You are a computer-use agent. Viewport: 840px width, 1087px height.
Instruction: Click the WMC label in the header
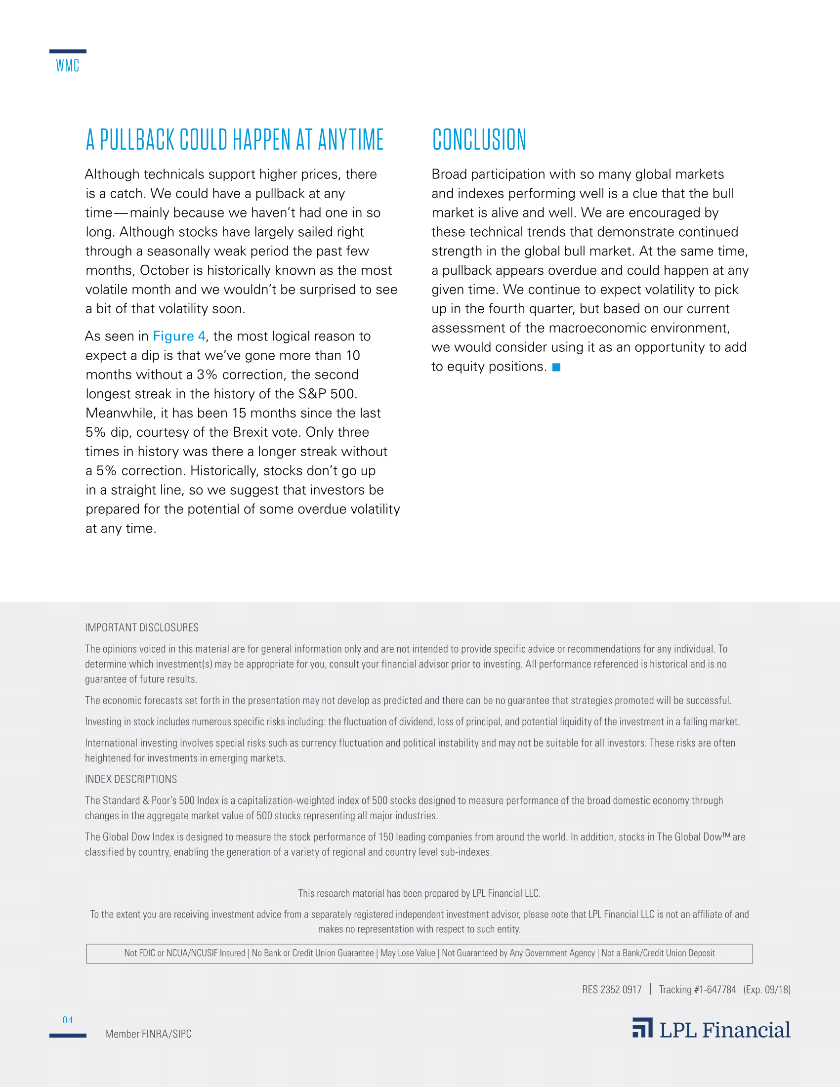click(x=68, y=65)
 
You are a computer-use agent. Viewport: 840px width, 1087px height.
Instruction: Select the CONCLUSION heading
click(x=479, y=140)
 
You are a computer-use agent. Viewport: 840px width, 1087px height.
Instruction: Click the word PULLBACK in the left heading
click(x=138, y=140)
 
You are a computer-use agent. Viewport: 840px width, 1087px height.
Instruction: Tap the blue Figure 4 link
click(x=179, y=336)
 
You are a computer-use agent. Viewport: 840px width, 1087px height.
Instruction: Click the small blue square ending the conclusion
click(x=556, y=367)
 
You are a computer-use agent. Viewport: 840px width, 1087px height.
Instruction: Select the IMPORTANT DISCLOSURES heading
click(x=142, y=627)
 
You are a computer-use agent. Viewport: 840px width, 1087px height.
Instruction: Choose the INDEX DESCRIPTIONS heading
click(x=131, y=779)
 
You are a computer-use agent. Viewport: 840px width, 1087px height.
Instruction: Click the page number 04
click(x=68, y=1020)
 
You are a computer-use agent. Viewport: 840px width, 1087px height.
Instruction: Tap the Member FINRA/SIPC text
click(x=148, y=1034)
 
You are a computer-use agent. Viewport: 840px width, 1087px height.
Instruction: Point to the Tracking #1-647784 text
click(x=697, y=990)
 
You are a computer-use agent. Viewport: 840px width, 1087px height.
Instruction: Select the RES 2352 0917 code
click(x=612, y=990)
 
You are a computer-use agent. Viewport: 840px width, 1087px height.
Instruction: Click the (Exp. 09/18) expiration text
click(x=767, y=990)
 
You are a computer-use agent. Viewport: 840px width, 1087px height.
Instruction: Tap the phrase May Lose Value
click(x=408, y=953)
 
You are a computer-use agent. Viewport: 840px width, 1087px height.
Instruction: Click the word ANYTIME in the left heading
click(x=351, y=140)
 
